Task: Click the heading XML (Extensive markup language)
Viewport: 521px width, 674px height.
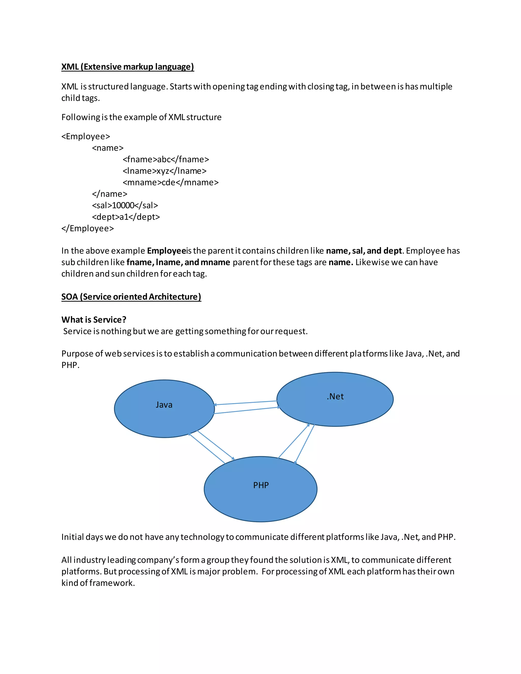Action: point(127,67)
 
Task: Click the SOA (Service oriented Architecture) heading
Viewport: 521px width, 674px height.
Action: point(131,297)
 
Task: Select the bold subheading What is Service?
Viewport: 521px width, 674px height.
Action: point(94,319)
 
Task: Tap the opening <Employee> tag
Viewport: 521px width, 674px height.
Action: point(85,136)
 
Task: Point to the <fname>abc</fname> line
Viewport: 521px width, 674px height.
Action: point(166,159)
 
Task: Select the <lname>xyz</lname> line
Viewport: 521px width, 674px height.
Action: point(165,171)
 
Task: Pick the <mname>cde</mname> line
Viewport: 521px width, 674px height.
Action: point(171,182)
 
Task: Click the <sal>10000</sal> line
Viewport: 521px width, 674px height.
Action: point(125,205)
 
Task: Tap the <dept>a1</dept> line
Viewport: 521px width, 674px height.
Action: point(126,217)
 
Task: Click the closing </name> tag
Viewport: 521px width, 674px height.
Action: point(110,194)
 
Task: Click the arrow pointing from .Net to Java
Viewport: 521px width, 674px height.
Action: point(245,403)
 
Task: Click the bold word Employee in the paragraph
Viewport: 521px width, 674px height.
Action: point(166,251)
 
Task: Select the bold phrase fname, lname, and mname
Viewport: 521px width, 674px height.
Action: point(178,262)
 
